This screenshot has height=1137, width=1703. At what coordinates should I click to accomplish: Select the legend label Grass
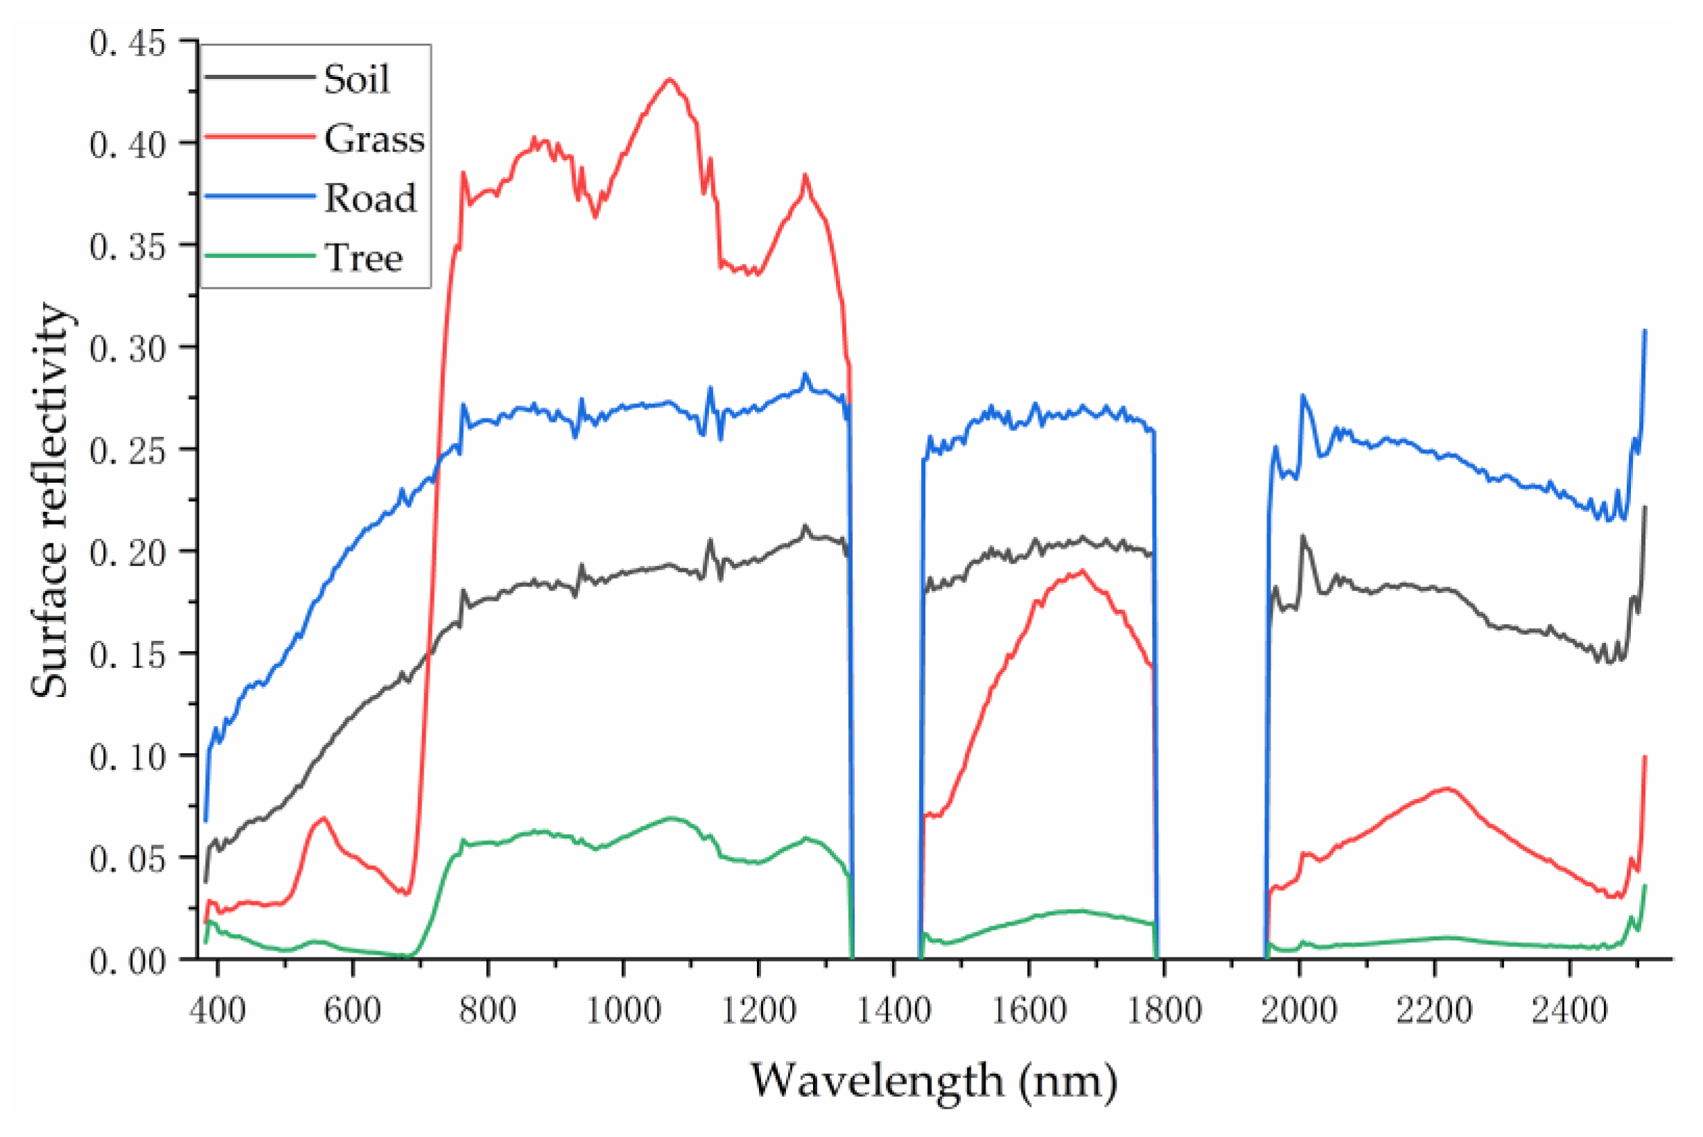[x=374, y=139]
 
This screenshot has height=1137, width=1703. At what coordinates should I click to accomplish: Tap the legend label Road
[x=370, y=198]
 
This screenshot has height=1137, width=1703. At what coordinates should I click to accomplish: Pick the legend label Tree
[x=363, y=258]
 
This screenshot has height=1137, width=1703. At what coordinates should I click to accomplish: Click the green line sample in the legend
[x=260, y=256]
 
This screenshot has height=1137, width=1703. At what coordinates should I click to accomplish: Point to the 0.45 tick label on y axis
[x=128, y=43]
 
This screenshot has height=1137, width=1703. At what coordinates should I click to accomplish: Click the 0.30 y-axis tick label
[x=128, y=349]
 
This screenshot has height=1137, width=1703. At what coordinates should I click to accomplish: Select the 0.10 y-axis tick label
[x=128, y=757]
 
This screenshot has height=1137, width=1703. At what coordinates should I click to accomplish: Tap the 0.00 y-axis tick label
[x=128, y=962]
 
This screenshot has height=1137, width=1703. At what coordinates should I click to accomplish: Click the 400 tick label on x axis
[x=218, y=1010]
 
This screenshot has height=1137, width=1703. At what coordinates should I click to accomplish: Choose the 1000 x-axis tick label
[x=623, y=1010]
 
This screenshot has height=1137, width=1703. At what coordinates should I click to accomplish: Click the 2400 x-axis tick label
[x=1569, y=1010]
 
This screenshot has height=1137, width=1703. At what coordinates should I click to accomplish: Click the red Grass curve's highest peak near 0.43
[x=670, y=79]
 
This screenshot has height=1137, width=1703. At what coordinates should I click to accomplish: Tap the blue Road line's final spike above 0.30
[x=1645, y=330]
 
